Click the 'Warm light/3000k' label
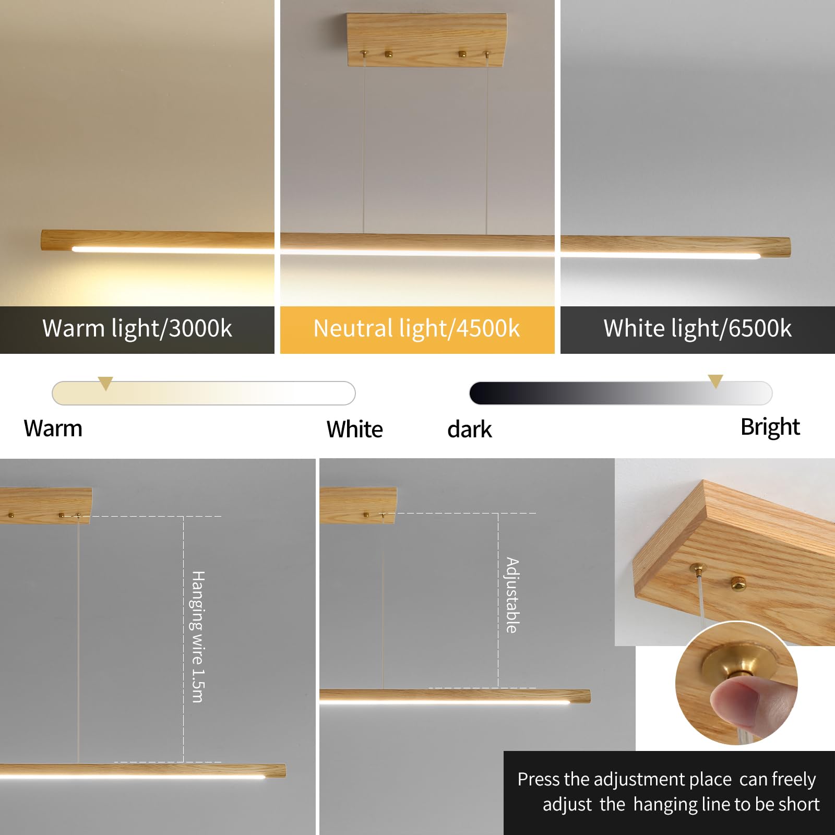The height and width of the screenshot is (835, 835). coord(137,329)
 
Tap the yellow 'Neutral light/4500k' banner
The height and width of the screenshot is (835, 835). coord(416,329)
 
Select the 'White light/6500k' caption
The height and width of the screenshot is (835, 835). coord(697,329)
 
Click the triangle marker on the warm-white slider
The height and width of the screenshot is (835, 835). coord(105,383)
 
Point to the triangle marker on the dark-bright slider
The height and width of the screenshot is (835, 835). coord(715,381)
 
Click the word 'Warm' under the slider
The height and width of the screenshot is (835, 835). coord(53,428)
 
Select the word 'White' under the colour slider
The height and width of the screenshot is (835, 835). coord(355,430)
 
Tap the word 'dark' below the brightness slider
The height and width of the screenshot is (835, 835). coord(470,430)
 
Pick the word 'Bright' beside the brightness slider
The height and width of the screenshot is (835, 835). coord(770,427)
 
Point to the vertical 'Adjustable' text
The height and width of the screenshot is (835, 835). coord(512,595)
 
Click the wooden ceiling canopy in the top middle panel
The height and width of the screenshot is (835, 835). coord(426,40)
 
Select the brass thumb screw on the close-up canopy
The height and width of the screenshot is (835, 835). coord(737,581)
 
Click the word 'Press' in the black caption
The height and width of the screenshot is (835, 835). coord(539,779)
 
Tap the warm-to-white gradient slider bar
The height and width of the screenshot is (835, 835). coord(204,393)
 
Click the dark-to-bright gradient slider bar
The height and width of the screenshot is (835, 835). coord(621,393)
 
